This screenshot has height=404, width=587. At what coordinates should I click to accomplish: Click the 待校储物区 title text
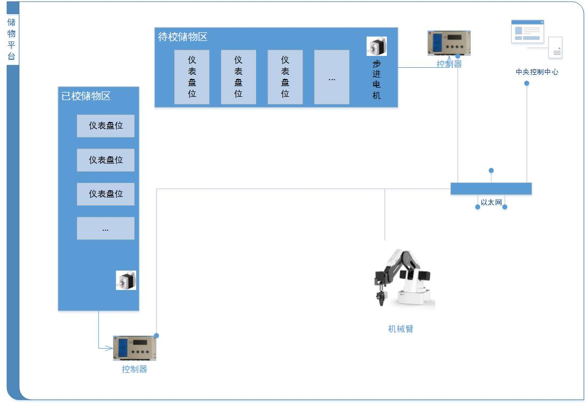183,37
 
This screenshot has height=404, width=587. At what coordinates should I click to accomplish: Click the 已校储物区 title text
86,96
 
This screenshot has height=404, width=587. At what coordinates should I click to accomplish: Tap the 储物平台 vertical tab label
11,39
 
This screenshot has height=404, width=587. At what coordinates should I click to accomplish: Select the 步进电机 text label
376,80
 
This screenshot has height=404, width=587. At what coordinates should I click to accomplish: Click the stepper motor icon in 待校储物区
377,46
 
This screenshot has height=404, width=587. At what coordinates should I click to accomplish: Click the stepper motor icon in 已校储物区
126,280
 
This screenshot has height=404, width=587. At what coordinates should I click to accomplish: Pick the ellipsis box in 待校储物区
331,77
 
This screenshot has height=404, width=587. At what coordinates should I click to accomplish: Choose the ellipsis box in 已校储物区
105,229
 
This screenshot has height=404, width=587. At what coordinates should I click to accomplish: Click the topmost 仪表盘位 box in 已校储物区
105,126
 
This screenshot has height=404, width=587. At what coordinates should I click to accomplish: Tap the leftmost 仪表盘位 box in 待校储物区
192,77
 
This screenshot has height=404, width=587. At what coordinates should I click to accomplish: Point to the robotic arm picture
404,278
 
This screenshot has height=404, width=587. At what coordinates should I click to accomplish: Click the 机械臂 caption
400,329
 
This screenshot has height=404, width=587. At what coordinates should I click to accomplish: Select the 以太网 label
491,202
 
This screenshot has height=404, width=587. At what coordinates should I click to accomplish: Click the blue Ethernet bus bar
491,189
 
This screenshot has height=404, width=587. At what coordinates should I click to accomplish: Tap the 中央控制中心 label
537,72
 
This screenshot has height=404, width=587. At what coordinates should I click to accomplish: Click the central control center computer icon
537,39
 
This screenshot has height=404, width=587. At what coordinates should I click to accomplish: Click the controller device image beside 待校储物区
449,43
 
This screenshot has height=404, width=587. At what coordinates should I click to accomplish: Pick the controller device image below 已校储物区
135,348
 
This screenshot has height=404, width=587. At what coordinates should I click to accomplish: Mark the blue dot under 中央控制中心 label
527,83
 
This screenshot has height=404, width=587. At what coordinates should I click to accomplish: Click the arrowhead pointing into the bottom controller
109,348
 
